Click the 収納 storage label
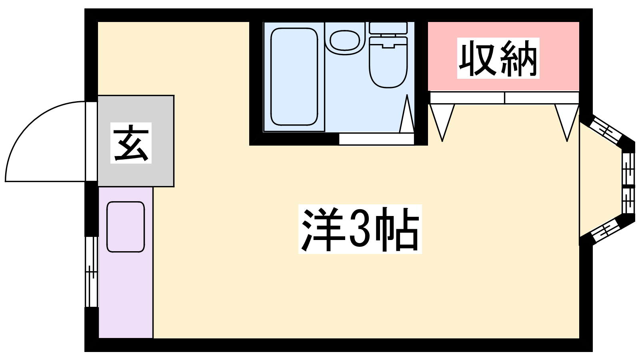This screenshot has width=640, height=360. click(498, 58)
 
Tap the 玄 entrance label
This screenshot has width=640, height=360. click(131, 143)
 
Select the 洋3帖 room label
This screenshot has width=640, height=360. click(360, 229)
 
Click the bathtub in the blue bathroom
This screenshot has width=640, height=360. click(294, 76)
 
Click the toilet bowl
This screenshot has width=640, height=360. click(388, 62)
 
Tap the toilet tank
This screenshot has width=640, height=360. click(388, 28)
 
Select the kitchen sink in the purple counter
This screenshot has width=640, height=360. click(126, 227)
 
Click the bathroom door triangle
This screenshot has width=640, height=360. click(407, 114)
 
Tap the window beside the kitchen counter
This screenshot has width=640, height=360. click(92, 272)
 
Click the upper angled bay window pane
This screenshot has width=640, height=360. click(604, 132)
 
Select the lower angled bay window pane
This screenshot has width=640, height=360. click(604, 231)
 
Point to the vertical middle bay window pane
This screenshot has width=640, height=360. click(628, 183)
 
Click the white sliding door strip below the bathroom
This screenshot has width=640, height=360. click(376, 139)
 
